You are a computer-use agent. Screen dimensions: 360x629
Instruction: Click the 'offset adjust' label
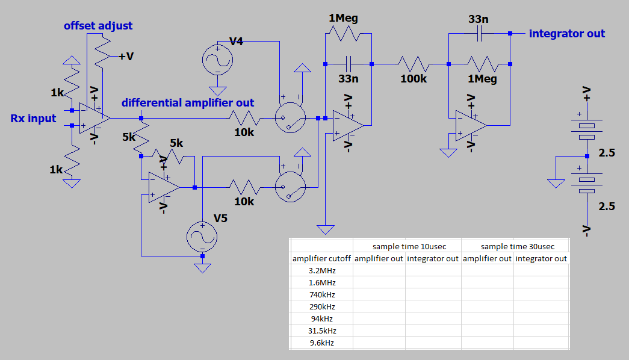[98, 26]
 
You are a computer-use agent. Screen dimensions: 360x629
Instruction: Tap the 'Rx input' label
[33, 118]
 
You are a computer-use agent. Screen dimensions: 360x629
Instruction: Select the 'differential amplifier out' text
[188, 103]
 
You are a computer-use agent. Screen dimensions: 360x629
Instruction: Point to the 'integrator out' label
[566, 33]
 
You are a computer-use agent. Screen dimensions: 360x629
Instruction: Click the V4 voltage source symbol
[217, 60]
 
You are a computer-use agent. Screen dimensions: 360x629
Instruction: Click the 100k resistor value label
[414, 79]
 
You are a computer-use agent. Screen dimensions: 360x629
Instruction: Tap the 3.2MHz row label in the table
[321, 270]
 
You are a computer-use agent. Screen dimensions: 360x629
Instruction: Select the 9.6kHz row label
[321, 343]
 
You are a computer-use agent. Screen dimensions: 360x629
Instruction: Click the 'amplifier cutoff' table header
[321, 258]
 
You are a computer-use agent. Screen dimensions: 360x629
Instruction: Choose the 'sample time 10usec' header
[409, 246]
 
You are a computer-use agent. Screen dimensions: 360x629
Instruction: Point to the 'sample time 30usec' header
[517, 246]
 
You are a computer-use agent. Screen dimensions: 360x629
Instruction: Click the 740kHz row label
[321, 294]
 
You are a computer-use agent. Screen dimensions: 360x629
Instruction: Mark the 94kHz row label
[321, 318]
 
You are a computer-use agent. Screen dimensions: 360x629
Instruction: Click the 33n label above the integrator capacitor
[479, 19]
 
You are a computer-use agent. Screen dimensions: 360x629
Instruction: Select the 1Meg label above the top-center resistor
[343, 18]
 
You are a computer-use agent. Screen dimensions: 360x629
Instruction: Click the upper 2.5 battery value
[607, 153]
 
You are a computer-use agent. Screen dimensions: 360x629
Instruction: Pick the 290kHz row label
[321, 306]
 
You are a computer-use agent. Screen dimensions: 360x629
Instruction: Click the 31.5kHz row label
[321, 331]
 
